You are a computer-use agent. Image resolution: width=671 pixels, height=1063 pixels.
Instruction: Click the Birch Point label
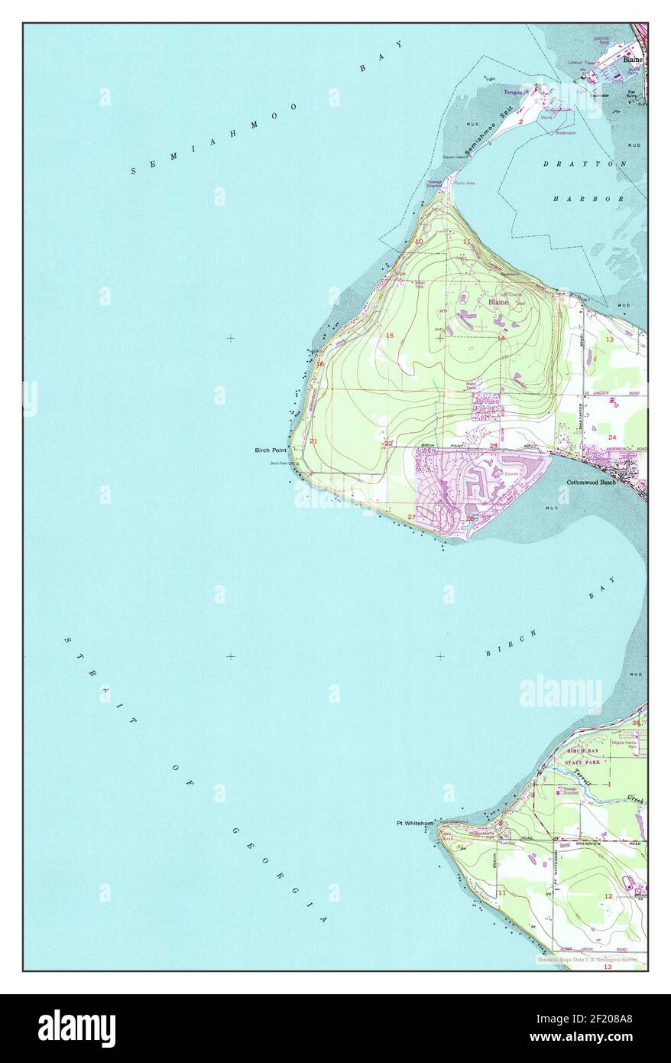point(271,450)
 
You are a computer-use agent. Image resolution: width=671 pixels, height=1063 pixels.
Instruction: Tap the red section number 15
point(389,336)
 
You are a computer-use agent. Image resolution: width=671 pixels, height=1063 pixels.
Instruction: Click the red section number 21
point(313,441)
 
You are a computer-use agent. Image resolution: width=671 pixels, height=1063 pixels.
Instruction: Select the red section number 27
point(411,518)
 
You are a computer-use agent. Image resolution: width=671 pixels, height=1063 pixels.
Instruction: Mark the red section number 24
point(612,437)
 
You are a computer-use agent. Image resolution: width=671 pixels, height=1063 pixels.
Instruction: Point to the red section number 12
point(608,896)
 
